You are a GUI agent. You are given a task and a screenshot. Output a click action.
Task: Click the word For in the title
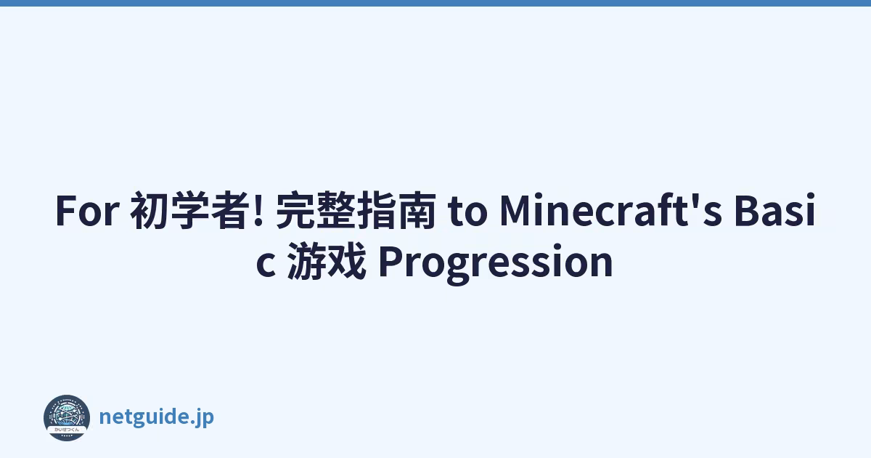[87, 210]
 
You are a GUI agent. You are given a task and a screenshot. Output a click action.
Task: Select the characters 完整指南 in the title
[356, 210]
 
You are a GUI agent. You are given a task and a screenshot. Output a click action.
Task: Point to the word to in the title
[467, 212]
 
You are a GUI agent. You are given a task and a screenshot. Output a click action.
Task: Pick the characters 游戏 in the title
[327, 261]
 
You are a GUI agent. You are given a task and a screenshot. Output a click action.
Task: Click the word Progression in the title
[496, 263]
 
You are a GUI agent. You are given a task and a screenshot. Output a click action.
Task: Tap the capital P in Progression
[390, 260]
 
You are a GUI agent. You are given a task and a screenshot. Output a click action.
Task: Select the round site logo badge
[67, 418]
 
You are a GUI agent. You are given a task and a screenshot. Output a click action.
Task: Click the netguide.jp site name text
[157, 417]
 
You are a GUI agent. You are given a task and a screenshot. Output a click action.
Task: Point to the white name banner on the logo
[67, 429]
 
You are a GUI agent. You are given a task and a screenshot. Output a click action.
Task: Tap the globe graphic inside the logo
[67, 414]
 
